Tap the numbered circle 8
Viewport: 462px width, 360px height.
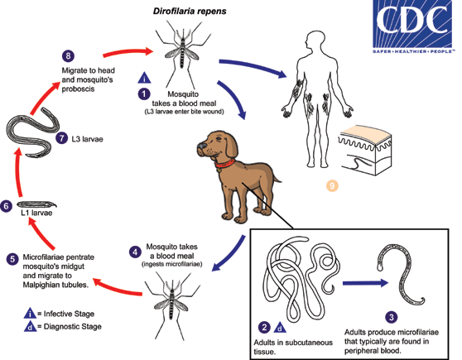[69, 55]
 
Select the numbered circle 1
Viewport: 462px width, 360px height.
[144, 94]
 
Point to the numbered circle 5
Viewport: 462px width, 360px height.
[12, 258]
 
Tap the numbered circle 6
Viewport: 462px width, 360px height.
[7, 206]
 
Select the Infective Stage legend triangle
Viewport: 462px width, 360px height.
[30, 315]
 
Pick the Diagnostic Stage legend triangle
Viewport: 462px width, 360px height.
[30, 329]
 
